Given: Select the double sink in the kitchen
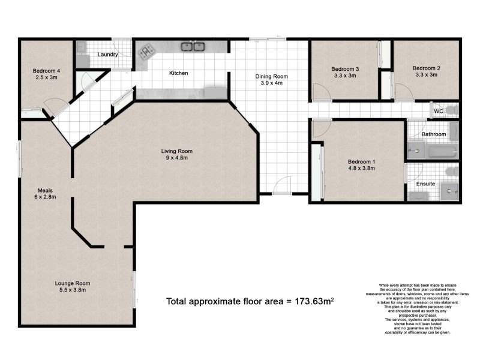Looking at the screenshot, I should point(194,46).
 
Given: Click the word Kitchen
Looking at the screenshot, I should point(179,73).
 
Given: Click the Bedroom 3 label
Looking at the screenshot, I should point(345,68).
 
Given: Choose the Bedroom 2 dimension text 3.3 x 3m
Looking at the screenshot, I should point(426,75).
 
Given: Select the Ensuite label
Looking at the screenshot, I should point(426,183).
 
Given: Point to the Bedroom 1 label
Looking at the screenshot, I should point(362,161).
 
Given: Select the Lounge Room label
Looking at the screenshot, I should point(72,283).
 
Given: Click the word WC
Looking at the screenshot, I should point(438,111).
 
